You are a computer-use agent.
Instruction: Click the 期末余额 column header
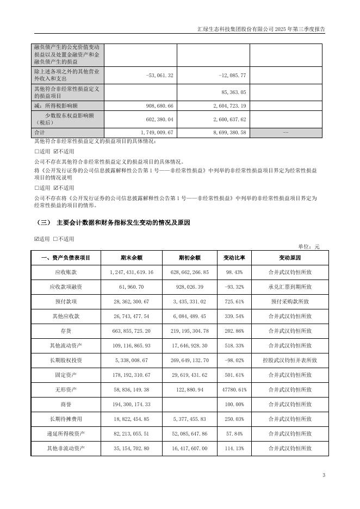point(132,258)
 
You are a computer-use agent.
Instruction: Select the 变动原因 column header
point(290,258)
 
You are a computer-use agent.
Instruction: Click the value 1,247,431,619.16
point(132,272)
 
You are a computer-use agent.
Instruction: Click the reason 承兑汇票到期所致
point(290,287)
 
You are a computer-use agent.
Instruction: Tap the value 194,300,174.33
point(132,404)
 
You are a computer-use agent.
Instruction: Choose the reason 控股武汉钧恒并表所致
point(290,360)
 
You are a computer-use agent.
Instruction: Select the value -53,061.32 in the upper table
point(160,75)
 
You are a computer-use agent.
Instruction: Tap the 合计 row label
point(39,132)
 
